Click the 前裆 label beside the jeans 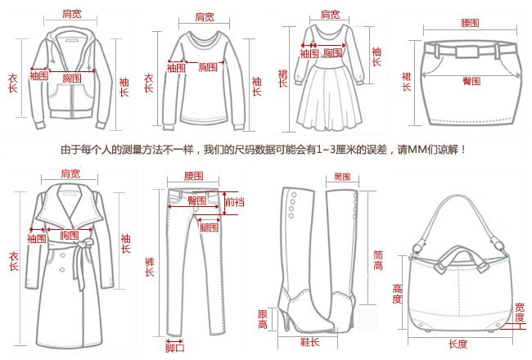(x=235, y=202)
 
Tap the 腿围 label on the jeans (x=209, y=226)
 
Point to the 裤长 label (x=149, y=266)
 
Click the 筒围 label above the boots (x=342, y=178)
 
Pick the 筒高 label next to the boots (x=378, y=259)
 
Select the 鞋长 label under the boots (x=309, y=341)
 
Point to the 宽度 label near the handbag (x=520, y=312)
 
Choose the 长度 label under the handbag (x=458, y=343)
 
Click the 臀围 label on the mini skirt (x=471, y=81)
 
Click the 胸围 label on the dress (x=331, y=53)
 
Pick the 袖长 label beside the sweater (x=256, y=87)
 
